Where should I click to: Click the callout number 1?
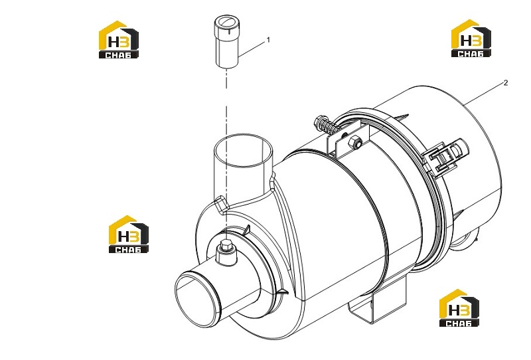(x=269, y=40)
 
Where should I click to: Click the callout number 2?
(x=506, y=83)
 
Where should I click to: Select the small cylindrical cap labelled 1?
(x=227, y=42)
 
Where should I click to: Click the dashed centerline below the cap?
(x=226, y=149)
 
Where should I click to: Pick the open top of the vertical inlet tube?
(x=243, y=150)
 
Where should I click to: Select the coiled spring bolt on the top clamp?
(x=326, y=125)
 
